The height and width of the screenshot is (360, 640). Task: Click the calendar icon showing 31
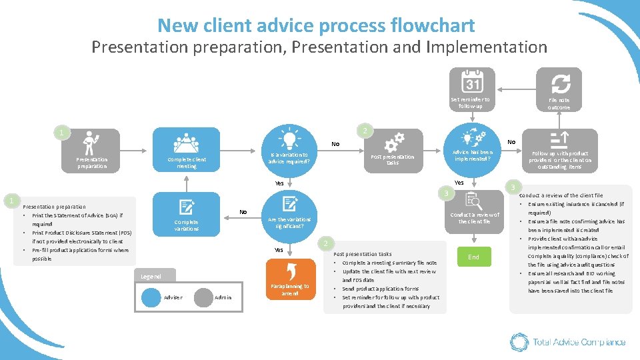472,83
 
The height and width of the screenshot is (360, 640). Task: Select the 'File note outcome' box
559,90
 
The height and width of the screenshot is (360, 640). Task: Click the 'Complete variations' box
187,215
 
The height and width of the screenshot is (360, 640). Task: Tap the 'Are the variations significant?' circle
289,215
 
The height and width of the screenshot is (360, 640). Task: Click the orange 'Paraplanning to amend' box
289,281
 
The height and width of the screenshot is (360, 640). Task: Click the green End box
474,257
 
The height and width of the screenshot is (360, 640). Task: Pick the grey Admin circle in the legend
203,297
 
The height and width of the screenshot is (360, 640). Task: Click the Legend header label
147,276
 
